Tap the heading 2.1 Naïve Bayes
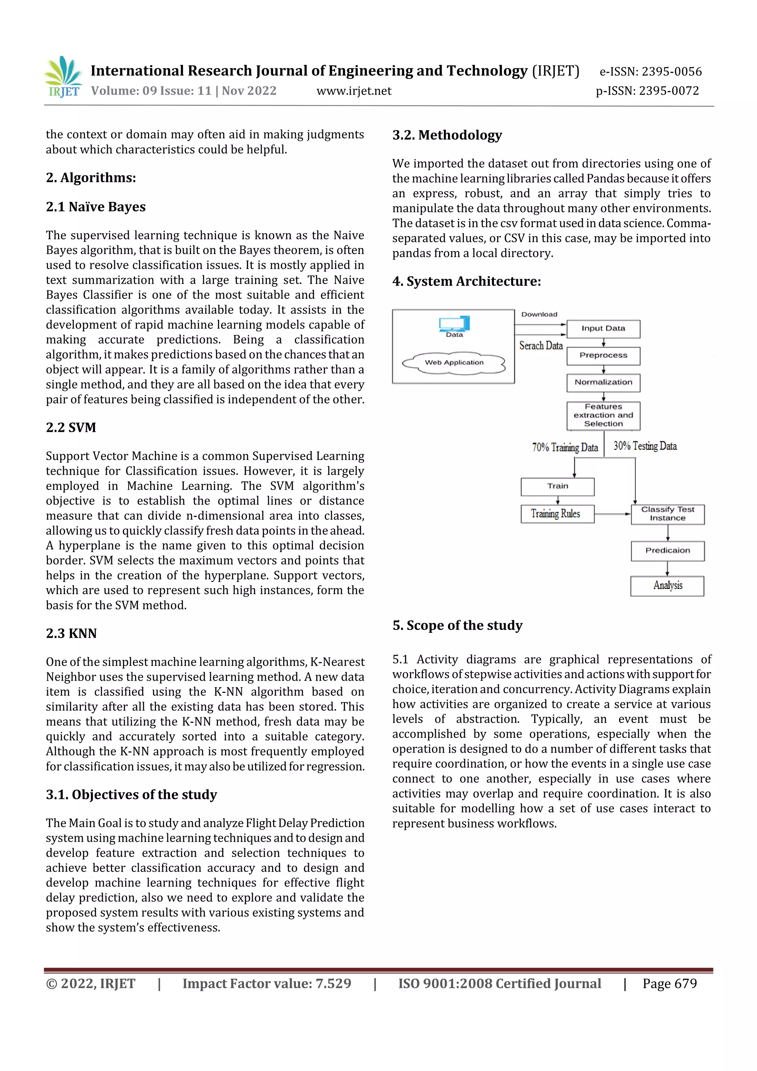96,207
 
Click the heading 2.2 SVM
71,427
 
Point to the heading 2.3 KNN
71,633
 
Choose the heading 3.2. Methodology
447,135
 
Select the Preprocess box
603,355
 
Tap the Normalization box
603,383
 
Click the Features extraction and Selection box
603,415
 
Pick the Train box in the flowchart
557,486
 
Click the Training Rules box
557,514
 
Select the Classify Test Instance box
668,514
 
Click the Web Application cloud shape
454,363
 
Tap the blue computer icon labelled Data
454,324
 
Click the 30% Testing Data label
645,446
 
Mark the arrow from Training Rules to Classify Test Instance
612,514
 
